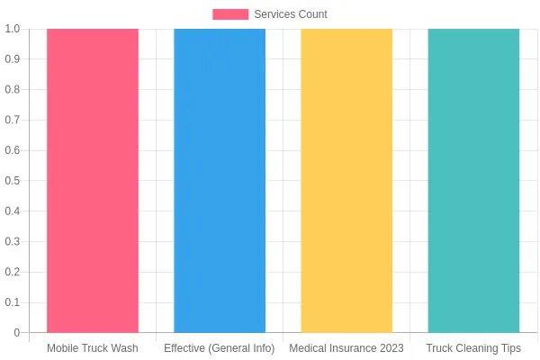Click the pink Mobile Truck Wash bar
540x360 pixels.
(x=93, y=181)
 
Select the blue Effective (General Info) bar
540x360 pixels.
(x=220, y=181)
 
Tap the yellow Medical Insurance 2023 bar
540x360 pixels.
(x=346, y=181)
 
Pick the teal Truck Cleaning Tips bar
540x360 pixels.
(x=473, y=181)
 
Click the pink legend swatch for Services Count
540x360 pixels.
(x=230, y=14)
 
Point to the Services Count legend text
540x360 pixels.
(x=291, y=14)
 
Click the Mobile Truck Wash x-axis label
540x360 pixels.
(x=93, y=348)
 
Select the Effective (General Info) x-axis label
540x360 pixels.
(x=220, y=348)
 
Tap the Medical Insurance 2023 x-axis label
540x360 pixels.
(x=346, y=348)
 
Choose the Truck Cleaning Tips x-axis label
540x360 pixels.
(x=473, y=348)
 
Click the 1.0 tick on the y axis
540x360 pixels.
(x=13, y=29)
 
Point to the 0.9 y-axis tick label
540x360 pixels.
(x=13, y=58)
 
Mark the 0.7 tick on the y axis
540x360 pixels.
(x=13, y=120)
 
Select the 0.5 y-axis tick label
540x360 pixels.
(x=13, y=181)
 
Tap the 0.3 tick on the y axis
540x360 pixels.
(x=13, y=241)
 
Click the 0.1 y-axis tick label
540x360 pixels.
(x=13, y=302)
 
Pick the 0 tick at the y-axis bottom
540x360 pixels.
(x=17, y=333)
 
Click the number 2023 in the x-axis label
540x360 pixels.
(x=391, y=348)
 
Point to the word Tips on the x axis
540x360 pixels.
(x=511, y=348)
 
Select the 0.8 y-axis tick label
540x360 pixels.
(x=13, y=90)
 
